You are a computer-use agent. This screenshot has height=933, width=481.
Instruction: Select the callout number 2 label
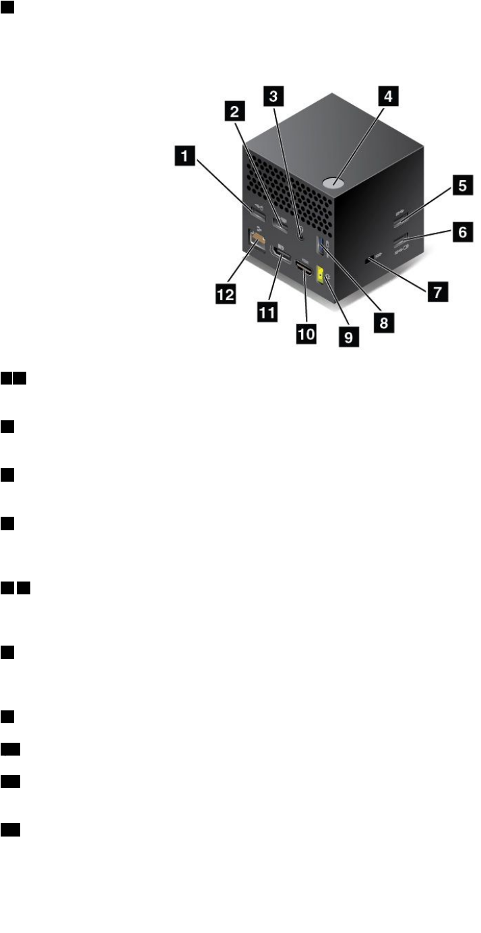233,109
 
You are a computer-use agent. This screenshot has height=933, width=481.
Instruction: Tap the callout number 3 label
271,96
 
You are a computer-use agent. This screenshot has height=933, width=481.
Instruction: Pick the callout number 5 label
461,187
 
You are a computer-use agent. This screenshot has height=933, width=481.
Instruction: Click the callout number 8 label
383,322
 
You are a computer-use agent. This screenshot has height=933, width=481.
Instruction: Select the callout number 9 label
348,336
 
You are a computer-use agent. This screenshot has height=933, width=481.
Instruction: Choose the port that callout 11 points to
277,259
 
